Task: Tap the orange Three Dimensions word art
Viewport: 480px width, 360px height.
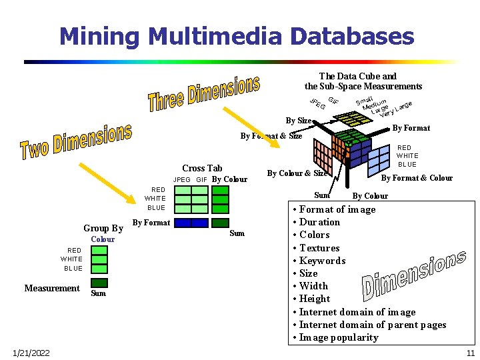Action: click(x=203, y=93)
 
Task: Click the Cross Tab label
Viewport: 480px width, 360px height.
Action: click(x=202, y=168)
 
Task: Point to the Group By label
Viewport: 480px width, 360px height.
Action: click(x=103, y=228)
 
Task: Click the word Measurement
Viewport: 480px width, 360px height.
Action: click(x=52, y=288)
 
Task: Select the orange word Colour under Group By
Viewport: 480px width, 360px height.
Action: click(x=103, y=239)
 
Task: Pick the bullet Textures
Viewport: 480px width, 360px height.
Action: click(x=319, y=248)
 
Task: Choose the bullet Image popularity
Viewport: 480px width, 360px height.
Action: click(x=339, y=337)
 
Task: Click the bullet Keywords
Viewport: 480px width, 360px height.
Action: click(x=322, y=261)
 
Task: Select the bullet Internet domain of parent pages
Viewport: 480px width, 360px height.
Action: click(x=373, y=325)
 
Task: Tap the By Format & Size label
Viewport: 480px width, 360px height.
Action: click(x=271, y=136)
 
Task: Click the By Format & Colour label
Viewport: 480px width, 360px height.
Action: click(x=417, y=177)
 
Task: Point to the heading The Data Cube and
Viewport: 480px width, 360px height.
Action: click(x=357, y=76)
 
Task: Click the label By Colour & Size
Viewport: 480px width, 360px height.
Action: click(x=297, y=173)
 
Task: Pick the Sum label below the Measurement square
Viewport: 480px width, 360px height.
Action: click(x=98, y=293)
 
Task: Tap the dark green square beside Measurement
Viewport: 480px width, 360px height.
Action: click(x=99, y=283)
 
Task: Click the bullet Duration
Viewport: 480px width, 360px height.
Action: click(x=319, y=222)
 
